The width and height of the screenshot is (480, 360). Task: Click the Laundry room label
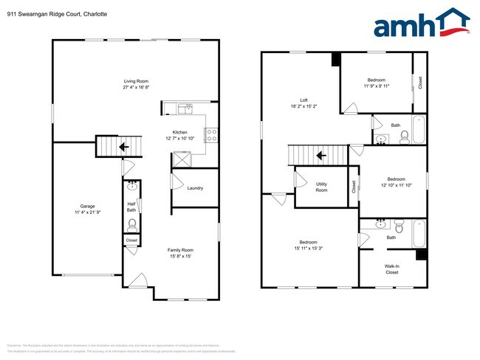pyautogui.click(x=195, y=188)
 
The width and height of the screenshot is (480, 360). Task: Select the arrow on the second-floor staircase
pyautogui.click(x=321, y=156)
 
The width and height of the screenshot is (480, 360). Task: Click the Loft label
pyautogui.click(x=304, y=100)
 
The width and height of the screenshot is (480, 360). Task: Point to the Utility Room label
pyautogui.click(x=322, y=187)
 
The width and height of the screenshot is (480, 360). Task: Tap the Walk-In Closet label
pyautogui.click(x=391, y=269)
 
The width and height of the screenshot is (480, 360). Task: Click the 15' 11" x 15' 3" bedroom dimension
pyautogui.click(x=309, y=248)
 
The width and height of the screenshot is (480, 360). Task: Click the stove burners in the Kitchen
pyautogui.click(x=210, y=135)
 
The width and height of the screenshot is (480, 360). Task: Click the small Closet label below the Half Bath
pyautogui.click(x=131, y=240)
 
